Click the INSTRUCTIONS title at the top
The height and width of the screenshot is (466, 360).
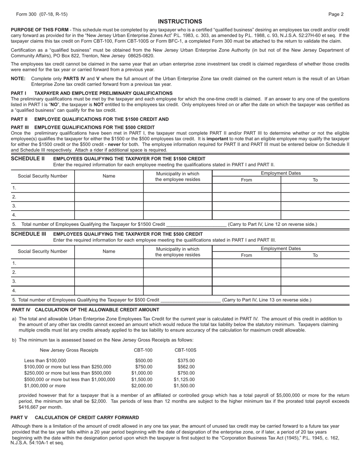180,22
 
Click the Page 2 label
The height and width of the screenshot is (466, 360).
336,14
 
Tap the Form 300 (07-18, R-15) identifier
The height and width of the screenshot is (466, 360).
42,14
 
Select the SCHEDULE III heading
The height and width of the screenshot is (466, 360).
28,234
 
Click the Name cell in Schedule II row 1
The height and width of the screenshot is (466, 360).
109,188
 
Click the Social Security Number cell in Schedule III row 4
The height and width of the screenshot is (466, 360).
43,291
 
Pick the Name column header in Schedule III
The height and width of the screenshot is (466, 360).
109,251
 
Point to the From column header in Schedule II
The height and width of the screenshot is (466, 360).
246,180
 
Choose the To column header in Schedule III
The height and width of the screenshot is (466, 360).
315,255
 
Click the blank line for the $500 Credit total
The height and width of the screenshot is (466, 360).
191,300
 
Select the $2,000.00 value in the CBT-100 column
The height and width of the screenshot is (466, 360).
142,386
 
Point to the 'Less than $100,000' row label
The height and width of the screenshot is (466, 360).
45,361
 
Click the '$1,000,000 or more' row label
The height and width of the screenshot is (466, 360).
45,386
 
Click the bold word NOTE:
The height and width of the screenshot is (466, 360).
18,79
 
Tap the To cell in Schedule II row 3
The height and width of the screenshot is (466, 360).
315,206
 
